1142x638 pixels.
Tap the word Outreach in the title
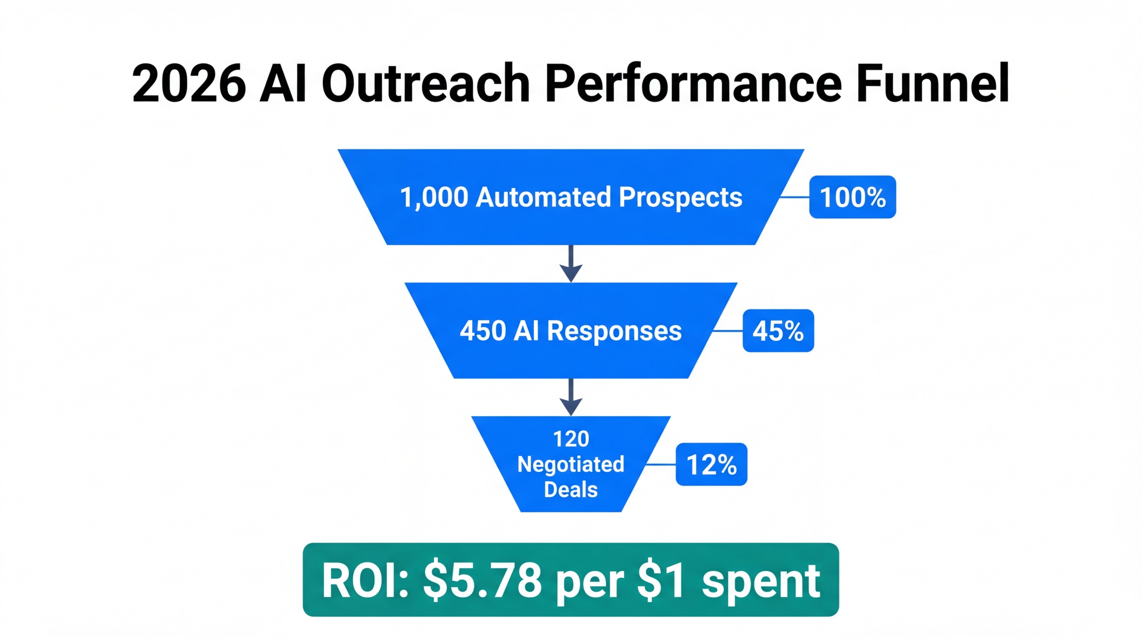[426, 83]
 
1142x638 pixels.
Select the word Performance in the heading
[693, 83]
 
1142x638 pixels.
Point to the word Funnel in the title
[933, 83]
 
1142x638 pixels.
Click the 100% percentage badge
[852, 197]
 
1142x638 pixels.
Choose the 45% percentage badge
[778, 331]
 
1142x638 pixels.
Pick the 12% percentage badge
[711, 464]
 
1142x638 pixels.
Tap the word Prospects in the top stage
[680, 198]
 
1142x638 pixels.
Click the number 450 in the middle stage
[483, 331]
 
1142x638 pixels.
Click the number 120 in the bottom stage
[571, 439]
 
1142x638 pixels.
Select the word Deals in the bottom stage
[571, 490]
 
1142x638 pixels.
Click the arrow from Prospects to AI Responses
[571, 263]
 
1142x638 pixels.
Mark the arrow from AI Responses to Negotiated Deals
[571, 397]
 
